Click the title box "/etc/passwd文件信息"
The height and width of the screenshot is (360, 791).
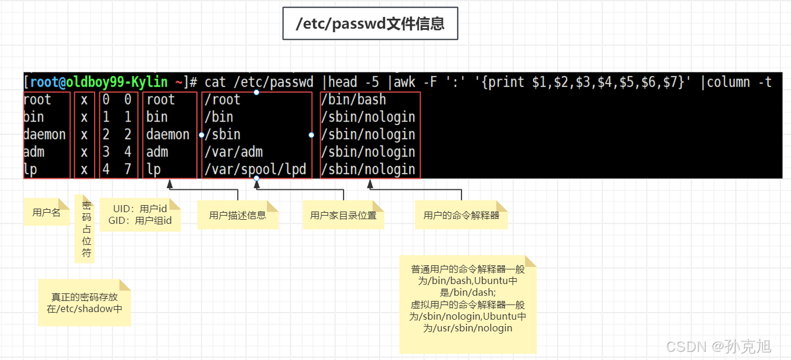pos(370,23)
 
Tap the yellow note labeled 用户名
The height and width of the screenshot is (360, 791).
pos(46,212)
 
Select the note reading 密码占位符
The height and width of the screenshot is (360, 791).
pos(86,229)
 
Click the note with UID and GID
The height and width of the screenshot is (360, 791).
pos(140,214)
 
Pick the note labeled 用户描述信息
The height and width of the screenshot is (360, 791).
pos(237,215)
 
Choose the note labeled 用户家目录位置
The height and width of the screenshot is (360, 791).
pos(343,215)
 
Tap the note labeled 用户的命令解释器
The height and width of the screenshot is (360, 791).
pos(461,215)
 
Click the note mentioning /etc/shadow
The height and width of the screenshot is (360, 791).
pos(84,303)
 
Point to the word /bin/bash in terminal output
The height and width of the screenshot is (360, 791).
pos(353,99)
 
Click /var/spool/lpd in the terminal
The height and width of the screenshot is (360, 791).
pos(255,169)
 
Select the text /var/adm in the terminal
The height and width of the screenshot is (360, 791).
pos(234,152)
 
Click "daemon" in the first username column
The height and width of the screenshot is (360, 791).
pos(44,134)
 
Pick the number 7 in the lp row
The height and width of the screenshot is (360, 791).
pos(127,169)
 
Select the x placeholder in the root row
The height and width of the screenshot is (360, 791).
pos(84,99)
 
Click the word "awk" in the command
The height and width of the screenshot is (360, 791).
pos(405,82)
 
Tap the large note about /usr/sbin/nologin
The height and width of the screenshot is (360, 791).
pos(467,304)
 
